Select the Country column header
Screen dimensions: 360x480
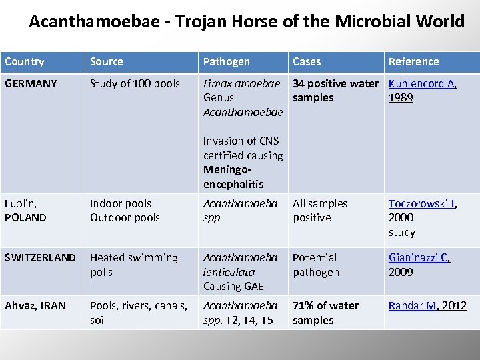pyautogui.click(x=25, y=62)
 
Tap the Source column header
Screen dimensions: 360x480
pyautogui.click(x=107, y=62)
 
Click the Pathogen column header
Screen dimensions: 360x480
pyautogui.click(x=227, y=62)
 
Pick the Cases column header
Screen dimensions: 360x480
pyautogui.click(x=307, y=62)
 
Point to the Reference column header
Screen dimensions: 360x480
pyautogui.click(x=414, y=62)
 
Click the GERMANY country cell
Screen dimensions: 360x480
pyautogui.click(x=31, y=84)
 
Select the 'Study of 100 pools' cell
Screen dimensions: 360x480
pyautogui.click(x=135, y=84)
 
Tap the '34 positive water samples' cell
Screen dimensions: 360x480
pyautogui.click(x=335, y=91)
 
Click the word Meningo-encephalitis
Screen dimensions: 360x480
pyautogui.click(x=233, y=177)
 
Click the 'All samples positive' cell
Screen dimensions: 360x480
pyautogui.click(x=320, y=211)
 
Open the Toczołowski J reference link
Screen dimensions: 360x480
pyautogui.click(x=422, y=204)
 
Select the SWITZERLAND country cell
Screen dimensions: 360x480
pyautogui.click(x=40, y=258)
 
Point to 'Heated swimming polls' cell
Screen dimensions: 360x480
pyautogui.click(x=133, y=265)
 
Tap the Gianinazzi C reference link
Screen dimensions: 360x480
pyautogui.click(x=419, y=258)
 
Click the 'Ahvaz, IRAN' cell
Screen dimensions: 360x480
pyautogui.click(x=35, y=306)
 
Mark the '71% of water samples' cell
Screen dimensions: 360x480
pyautogui.click(x=325, y=313)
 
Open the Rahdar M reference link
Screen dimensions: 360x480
pyautogui.click(x=412, y=306)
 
